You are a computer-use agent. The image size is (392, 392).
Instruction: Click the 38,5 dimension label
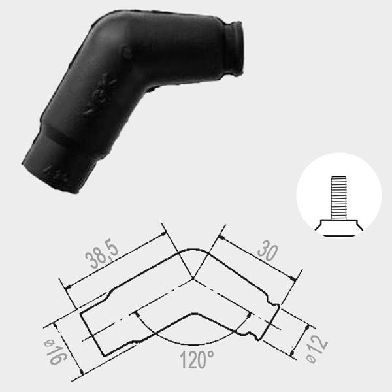click(102, 255)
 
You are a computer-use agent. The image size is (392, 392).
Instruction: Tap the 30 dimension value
click(267, 251)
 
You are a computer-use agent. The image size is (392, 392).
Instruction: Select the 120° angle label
click(197, 360)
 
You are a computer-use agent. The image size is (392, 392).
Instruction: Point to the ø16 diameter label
click(56, 351)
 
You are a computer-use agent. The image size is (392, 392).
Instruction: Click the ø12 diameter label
click(317, 350)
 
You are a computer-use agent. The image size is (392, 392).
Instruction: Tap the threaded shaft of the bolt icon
click(338, 198)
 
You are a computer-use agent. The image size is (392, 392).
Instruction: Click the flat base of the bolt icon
click(338, 227)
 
